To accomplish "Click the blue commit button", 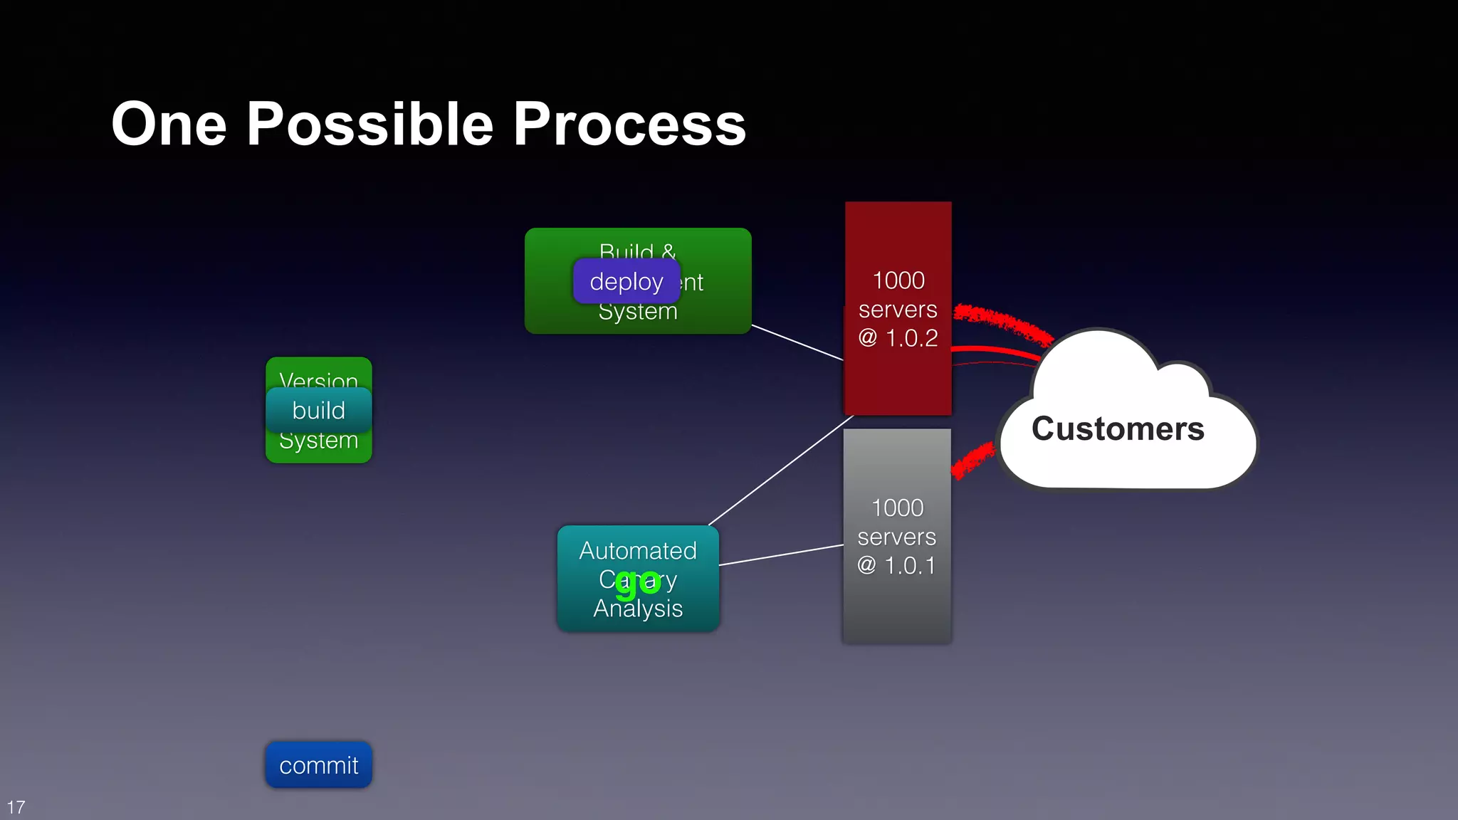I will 318,765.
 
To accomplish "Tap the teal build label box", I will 318,411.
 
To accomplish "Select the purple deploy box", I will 626,282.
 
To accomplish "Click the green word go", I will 638,583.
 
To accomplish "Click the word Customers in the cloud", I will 1118,429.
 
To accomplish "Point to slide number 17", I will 16,807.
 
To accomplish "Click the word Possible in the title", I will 369,125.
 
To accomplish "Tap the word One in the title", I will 169,125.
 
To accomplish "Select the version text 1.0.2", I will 911,338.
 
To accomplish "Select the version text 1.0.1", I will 909,566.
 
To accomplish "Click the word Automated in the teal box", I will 638,550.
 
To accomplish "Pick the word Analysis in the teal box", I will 638,609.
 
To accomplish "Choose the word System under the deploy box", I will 638,312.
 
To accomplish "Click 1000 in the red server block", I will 898,280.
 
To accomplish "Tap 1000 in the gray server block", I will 897,508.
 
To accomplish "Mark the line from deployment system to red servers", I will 797,342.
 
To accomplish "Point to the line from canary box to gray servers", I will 781,555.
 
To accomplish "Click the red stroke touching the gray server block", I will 972,461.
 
